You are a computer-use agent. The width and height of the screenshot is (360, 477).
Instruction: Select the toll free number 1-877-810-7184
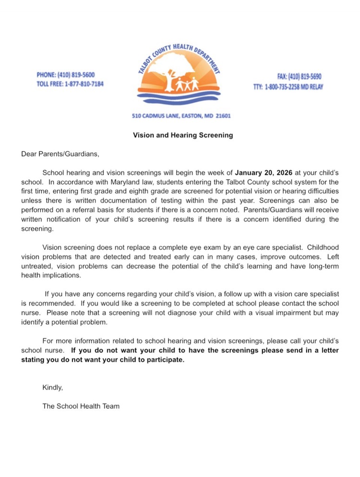(84, 84)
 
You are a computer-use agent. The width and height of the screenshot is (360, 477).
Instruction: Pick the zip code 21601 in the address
(223, 116)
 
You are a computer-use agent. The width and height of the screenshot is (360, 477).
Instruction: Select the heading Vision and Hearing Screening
(183, 135)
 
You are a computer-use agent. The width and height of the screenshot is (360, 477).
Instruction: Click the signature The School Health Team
(81, 406)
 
